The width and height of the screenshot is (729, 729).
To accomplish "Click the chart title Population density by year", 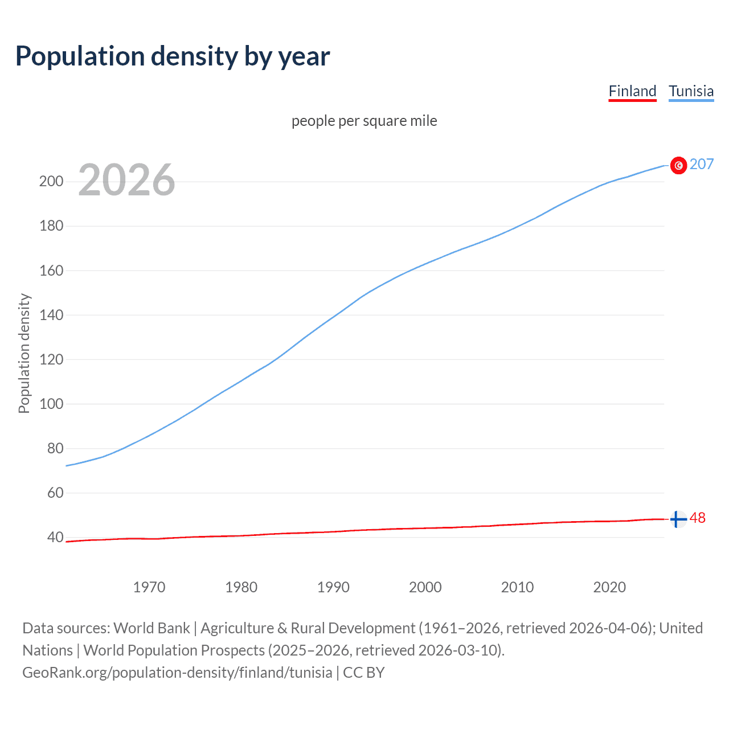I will tap(173, 56).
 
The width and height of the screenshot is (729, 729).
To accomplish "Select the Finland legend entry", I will tap(632, 91).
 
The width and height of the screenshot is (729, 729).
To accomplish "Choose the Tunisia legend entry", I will tap(691, 91).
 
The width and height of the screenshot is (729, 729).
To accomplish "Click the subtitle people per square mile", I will tap(364, 121).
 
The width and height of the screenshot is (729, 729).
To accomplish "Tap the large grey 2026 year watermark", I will tap(126, 180).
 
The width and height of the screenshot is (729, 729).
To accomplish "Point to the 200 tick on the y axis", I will tap(51, 182).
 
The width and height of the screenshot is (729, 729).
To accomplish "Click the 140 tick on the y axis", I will tap(51, 315).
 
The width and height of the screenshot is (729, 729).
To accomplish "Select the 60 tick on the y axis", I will tap(55, 493).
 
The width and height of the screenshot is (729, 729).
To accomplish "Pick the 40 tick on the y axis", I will tap(55, 537).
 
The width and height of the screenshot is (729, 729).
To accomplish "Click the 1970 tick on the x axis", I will tap(149, 587).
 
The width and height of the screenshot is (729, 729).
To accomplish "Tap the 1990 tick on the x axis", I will tap(333, 587).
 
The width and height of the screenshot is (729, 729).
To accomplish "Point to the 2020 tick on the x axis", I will tap(609, 587).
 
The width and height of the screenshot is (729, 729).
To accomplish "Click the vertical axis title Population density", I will tap(24, 353).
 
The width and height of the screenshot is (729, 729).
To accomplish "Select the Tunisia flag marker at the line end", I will tap(678, 165).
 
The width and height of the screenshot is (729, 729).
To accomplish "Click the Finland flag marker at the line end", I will tap(678, 519).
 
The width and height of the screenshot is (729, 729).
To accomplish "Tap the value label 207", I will tap(702, 164).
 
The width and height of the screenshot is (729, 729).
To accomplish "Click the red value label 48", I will tap(698, 518).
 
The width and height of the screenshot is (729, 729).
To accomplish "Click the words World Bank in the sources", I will tap(151, 628).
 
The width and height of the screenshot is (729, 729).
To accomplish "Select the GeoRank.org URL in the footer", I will tap(177, 673).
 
